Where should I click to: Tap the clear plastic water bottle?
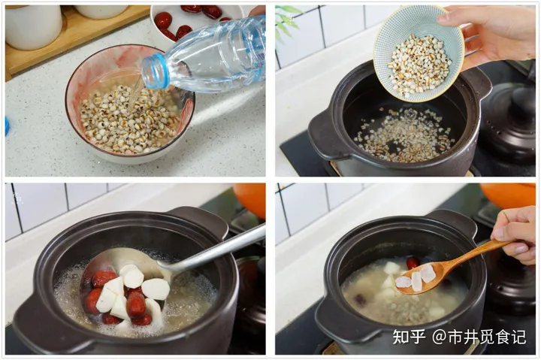pyautogui.click(x=214, y=56)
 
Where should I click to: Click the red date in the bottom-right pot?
pyautogui.click(x=413, y=263)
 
